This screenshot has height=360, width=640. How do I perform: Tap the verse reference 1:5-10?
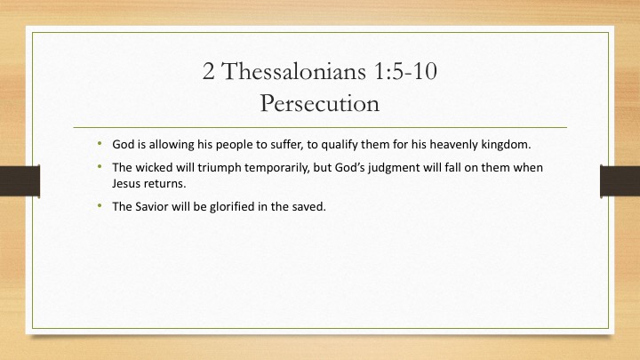click(x=405, y=71)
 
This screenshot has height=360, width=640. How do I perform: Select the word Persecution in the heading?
click(x=320, y=103)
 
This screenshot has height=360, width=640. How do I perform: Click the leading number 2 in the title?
click(x=208, y=71)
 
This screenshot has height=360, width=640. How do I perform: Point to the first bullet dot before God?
click(x=100, y=143)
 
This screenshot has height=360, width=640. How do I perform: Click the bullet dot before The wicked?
click(x=100, y=166)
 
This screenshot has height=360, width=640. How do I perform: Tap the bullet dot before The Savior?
click(x=100, y=205)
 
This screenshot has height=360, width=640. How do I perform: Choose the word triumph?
click(x=220, y=168)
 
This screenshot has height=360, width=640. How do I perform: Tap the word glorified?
click(x=232, y=207)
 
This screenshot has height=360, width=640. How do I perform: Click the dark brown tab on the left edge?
click(x=20, y=180)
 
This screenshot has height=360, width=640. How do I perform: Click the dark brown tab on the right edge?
click(x=620, y=180)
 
